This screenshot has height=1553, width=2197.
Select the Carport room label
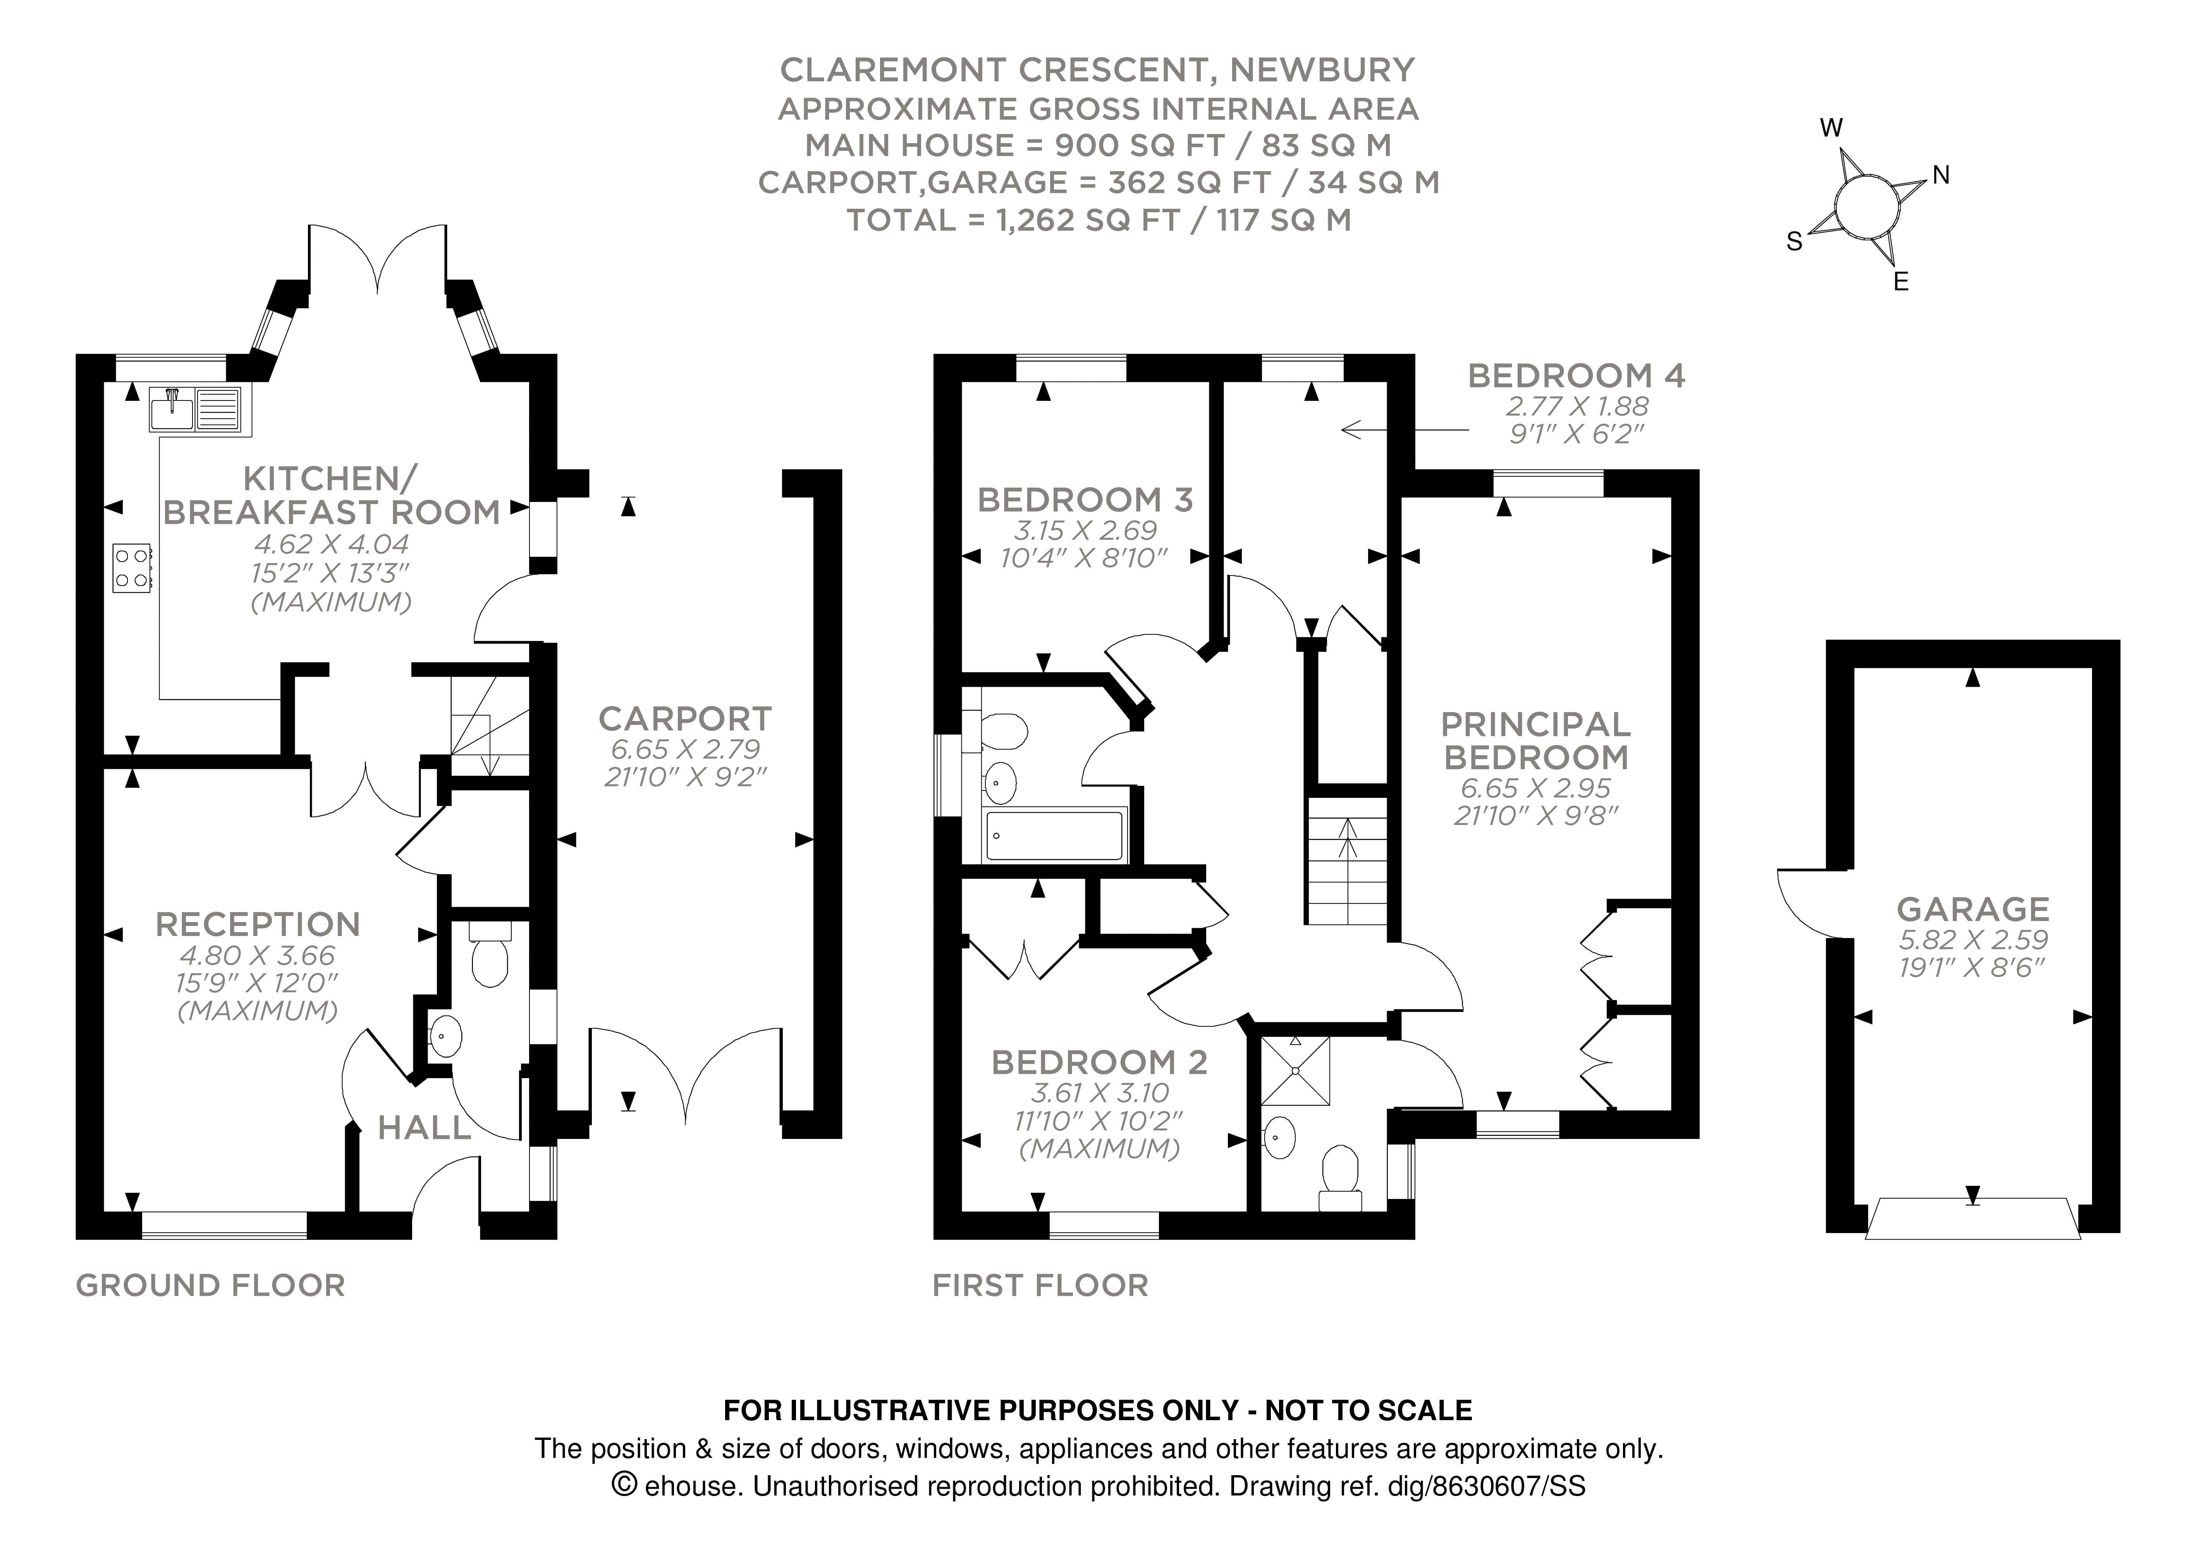(685, 719)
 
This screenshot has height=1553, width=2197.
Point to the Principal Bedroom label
(1536, 740)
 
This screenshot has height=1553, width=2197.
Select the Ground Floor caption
(210, 1285)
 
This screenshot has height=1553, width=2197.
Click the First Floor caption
(1040, 1285)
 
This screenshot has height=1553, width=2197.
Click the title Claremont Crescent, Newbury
(1098, 70)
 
